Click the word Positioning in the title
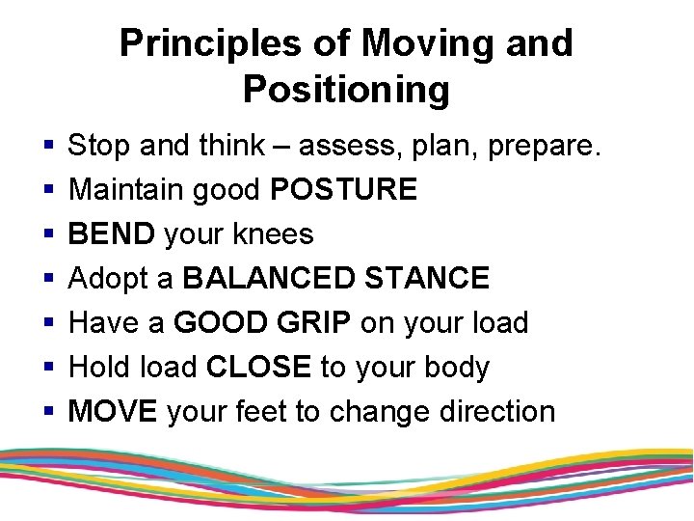coord(346,90)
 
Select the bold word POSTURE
coord(344,190)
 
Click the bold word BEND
coord(112,234)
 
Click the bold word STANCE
coord(434,279)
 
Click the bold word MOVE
coord(114,412)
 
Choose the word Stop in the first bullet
coord(101,146)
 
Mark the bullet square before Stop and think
coord(48,147)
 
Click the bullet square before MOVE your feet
coord(48,412)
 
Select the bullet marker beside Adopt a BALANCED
coord(48,280)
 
